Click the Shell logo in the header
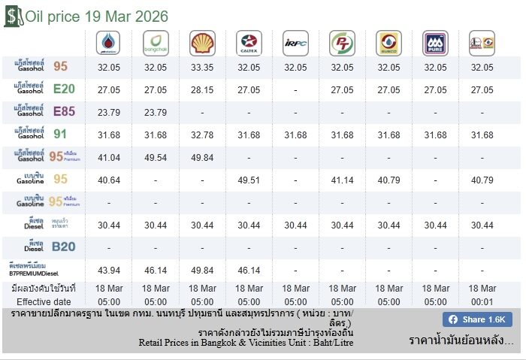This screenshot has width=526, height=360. (202, 43)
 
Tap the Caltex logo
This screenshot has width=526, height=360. (249, 43)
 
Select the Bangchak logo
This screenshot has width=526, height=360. (156, 43)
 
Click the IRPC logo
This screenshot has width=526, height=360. (295, 43)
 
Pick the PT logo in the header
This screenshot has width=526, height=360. (342, 43)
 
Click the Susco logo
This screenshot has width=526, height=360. (388, 43)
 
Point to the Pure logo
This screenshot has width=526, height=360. (435, 43)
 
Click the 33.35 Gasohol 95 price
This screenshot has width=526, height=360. (202, 67)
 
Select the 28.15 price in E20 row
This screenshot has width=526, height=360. (202, 89)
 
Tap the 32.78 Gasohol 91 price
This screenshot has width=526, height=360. (202, 135)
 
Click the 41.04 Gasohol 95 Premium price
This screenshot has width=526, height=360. (109, 157)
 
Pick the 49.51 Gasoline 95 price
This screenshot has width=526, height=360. (249, 180)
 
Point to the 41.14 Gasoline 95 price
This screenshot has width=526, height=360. (342, 180)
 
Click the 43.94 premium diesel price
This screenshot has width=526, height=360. (109, 270)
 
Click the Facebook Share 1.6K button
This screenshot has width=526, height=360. (477, 319)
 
